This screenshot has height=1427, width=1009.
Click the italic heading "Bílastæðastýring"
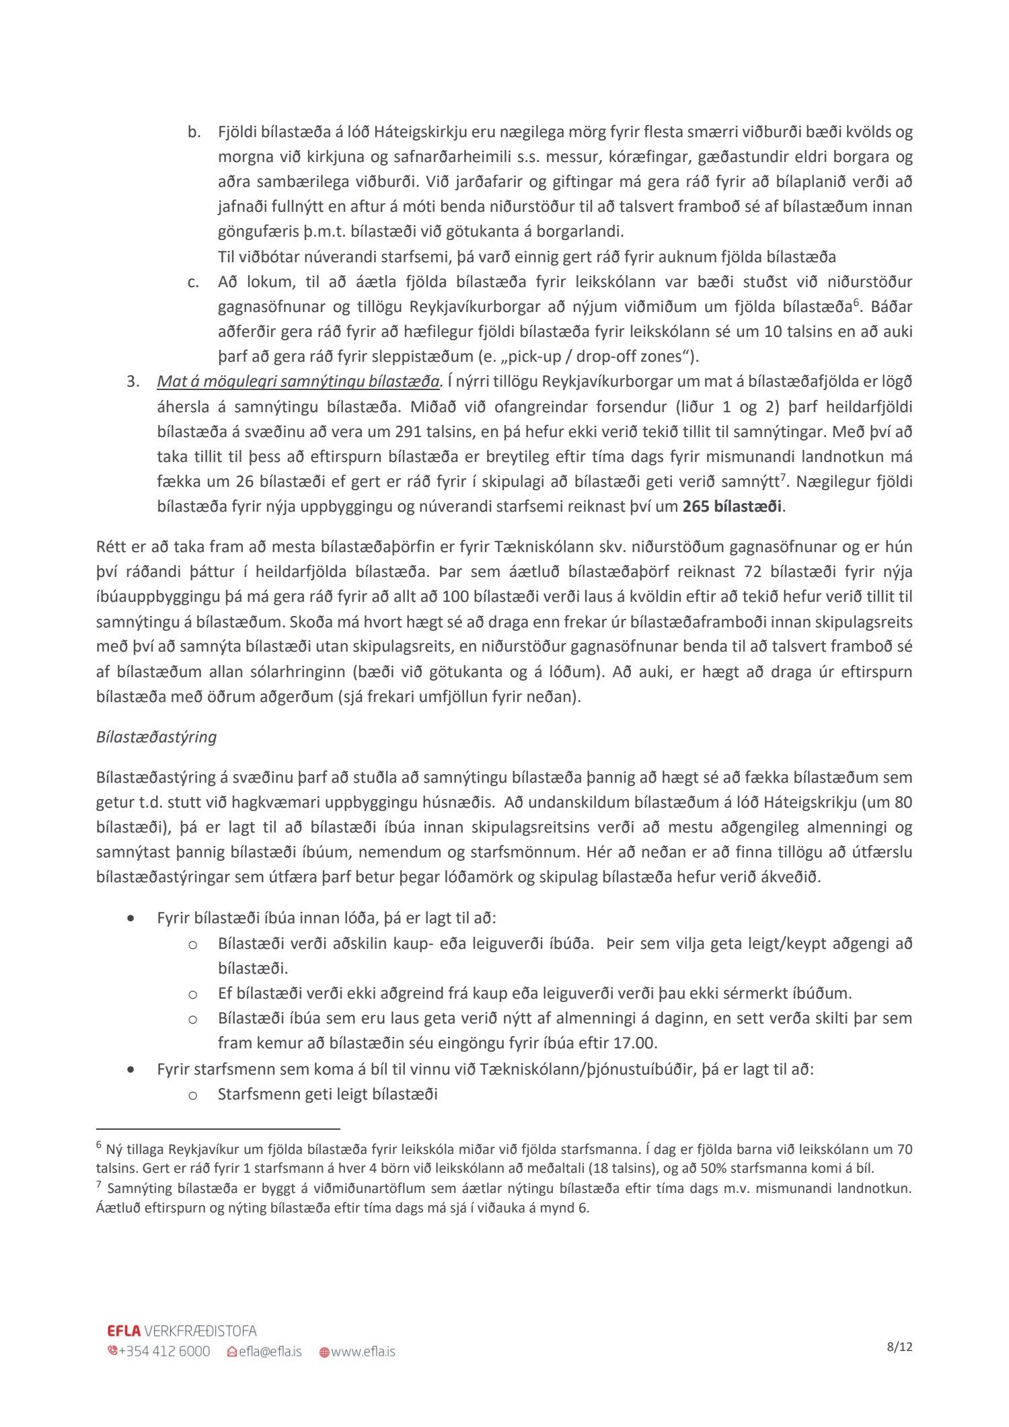point(156,737)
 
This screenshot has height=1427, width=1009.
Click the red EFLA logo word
point(124,1331)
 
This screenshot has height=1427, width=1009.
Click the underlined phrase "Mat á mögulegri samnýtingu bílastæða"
point(298,382)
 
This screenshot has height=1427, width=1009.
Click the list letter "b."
point(194,132)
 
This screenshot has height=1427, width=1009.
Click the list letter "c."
point(194,282)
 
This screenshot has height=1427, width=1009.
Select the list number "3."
point(133,382)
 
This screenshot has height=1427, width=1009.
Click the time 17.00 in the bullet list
point(635,1043)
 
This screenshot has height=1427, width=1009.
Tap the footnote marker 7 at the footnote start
point(99,1185)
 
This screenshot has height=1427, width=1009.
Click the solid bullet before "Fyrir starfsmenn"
point(130,1069)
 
